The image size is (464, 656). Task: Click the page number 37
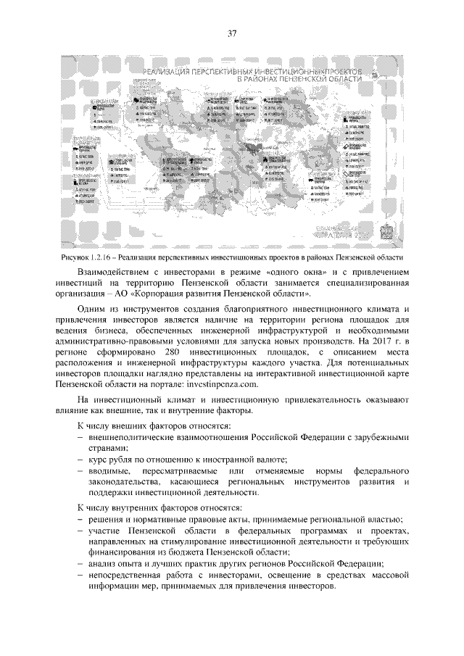coord(232,33)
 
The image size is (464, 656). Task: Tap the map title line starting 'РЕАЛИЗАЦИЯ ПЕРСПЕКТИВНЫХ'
coord(257,71)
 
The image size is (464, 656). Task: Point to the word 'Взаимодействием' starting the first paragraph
coord(116,271)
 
